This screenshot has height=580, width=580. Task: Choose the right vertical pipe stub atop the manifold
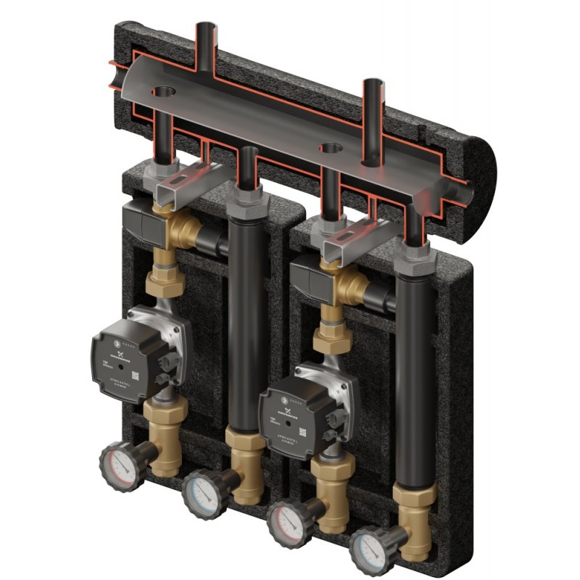[373, 101]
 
